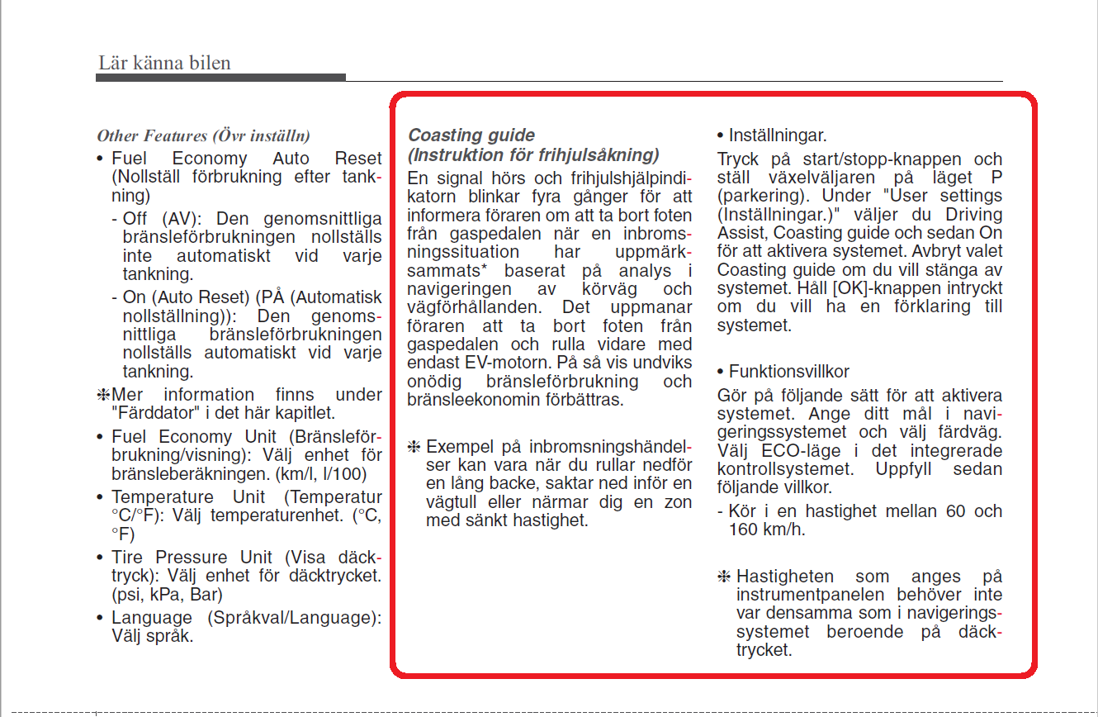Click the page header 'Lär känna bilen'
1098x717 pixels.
pyautogui.click(x=164, y=63)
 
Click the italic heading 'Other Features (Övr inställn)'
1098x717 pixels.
pyautogui.click(x=203, y=135)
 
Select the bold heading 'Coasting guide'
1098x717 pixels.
pyautogui.click(x=471, y=135)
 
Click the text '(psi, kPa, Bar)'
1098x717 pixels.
pyautogui.click(x=167, y=594)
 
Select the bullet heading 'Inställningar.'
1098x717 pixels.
pyautogui.click(x=777, y=135)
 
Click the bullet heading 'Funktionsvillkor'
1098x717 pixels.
pyautogui.click(x=788, y=372)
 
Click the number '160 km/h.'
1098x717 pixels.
pyautogui.click(x=767, y=529)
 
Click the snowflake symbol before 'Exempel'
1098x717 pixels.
pyautogui.click(x=414, y=447)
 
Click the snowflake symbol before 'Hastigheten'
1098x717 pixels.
pyautogui.click(x=724, y=577)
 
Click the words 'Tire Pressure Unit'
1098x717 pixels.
pyautogui.click(x=198, y=557)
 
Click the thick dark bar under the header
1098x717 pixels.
pyautogui.click(x=220, y=78)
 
